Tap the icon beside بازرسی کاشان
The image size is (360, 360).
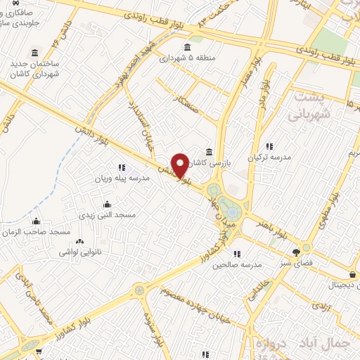coord(210,152)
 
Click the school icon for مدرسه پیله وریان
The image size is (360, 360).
coord(122,167)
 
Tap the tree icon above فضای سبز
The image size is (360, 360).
coord(305,250)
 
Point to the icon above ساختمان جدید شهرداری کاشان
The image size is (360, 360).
coord(35,53)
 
